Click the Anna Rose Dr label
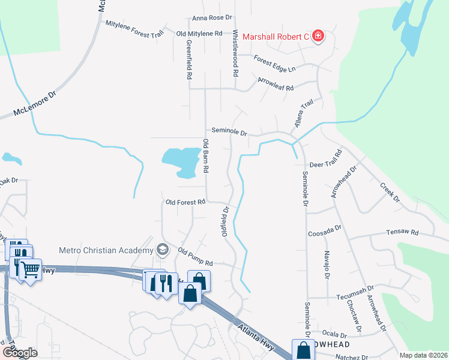point(212,19)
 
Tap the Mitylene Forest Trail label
point(134,29)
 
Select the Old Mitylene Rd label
point(199,33)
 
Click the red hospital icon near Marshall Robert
point(318,37)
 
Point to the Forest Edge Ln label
point(275,63)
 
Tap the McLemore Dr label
point(35,103)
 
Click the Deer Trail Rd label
point(325,164)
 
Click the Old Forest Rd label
point(186,202)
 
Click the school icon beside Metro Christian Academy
point(161,249)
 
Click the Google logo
point(19,352)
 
